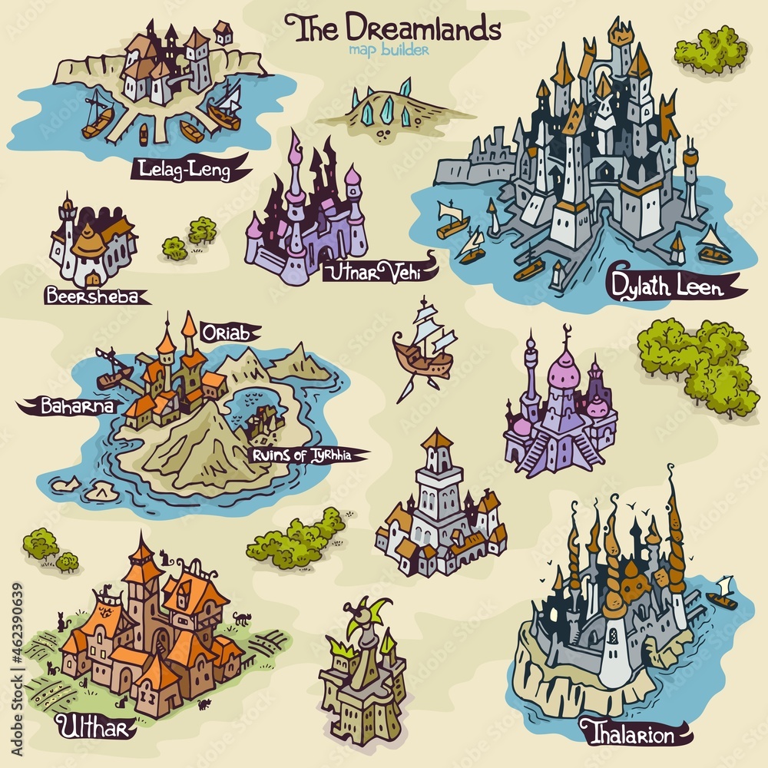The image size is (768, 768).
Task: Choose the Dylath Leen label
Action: click(x=665, y=288)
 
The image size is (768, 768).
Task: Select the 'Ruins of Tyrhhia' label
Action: click(x=303, y=455)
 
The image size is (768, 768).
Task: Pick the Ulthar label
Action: click(x=84, y=726)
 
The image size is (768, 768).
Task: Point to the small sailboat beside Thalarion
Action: click(x=721, y=594)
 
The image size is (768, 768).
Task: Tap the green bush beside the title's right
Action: click(x=710, y=49)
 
